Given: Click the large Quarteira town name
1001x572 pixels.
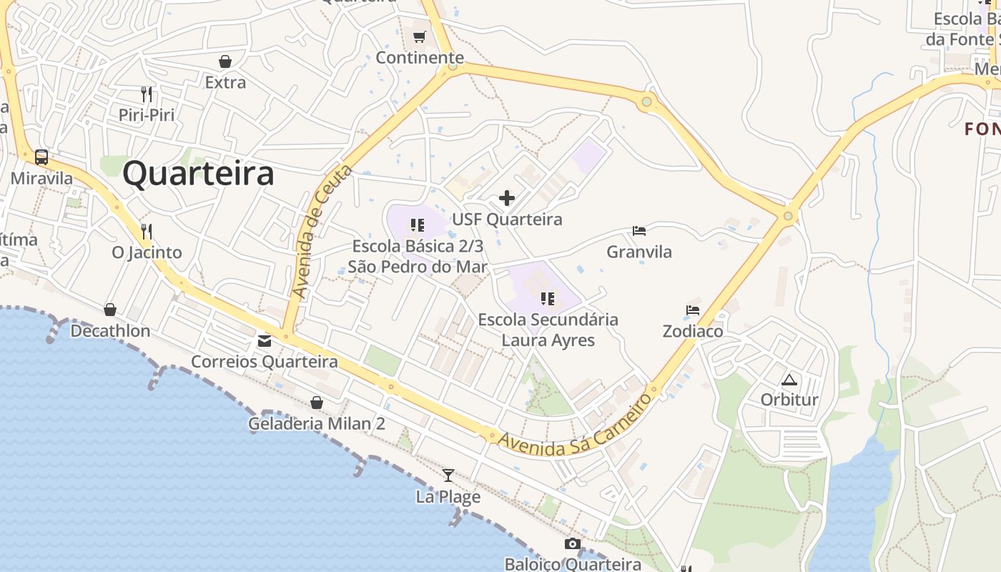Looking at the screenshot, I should [x=198, y=174].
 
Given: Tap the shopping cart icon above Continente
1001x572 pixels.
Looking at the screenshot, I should [x=420, y=36].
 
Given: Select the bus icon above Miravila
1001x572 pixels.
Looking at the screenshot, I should [x=41, y=157].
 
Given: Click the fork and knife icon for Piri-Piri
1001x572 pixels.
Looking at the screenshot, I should [x=147, y=94].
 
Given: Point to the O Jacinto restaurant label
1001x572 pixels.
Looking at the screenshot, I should [x=147, y=252].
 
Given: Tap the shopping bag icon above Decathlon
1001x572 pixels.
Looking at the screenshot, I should [x=110, y=310].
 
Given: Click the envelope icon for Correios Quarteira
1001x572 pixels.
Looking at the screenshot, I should [x=265, y=340].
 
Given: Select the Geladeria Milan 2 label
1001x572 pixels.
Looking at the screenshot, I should [x=316, y=424].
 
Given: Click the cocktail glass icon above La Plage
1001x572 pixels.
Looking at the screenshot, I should [x=448, y=475].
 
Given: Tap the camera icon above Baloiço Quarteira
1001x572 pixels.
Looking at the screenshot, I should [x=572, y=544].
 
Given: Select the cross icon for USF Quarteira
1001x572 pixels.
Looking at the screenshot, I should [x=507, y=198].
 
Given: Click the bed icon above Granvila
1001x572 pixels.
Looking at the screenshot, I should [x=639, y=230].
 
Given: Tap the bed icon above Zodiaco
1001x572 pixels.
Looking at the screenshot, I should [x=692, y=310].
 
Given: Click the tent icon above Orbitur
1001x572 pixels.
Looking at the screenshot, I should [x=789, y=379].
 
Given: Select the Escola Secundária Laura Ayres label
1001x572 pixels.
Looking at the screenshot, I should [x=548, y=330].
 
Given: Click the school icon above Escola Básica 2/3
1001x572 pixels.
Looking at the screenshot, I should [x=418, y=226].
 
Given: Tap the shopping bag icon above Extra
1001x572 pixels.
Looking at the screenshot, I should [x=225, y=61].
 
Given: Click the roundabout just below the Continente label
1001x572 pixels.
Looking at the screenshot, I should [x=452, y=67].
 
